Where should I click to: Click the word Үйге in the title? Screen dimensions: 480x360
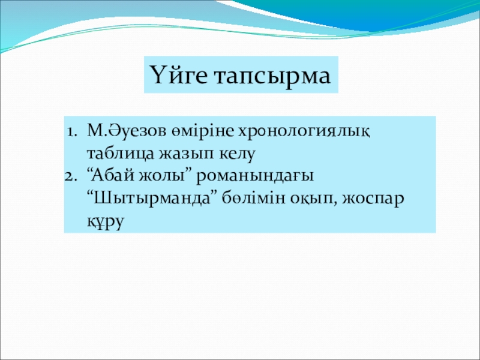click(178, 76)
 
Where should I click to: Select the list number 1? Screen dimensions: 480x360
click(71, 132)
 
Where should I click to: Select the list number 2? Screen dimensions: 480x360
click(71, 176)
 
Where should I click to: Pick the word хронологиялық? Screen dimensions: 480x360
click(304, 133)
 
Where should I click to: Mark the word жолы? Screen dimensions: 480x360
click(166, 176)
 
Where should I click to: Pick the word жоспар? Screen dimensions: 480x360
click(373, 200)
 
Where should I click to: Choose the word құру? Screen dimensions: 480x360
click(106, 221)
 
